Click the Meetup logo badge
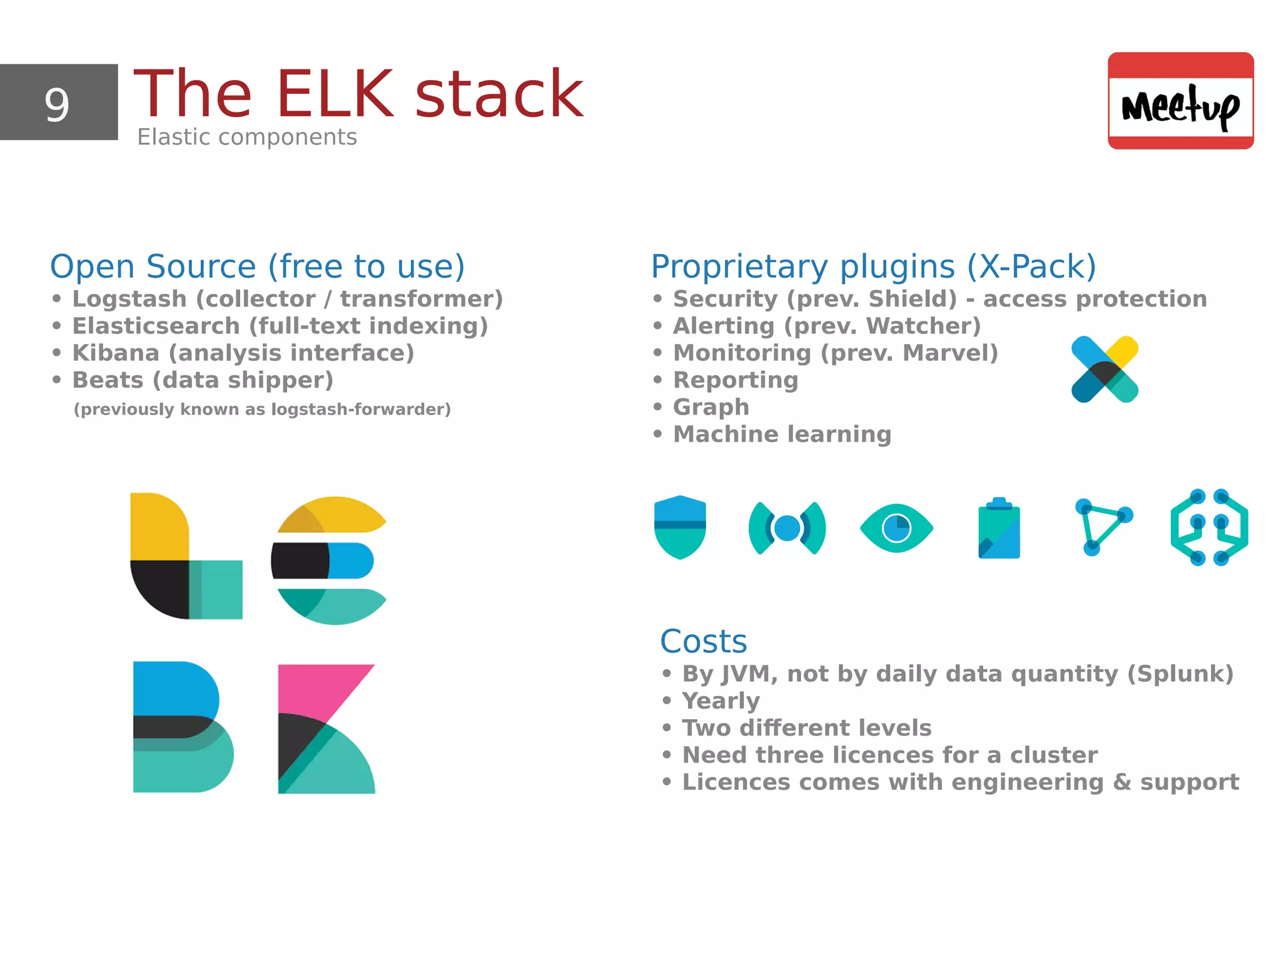1180,101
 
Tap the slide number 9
57,104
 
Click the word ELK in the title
335,94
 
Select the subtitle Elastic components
247,137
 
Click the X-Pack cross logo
1105,369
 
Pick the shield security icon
680,527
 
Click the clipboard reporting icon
999,528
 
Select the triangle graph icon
1103,527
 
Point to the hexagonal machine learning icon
1209,527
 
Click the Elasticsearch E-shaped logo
328,560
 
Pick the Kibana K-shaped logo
325,729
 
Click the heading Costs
704,642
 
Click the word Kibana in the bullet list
116,353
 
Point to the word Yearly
721,701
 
